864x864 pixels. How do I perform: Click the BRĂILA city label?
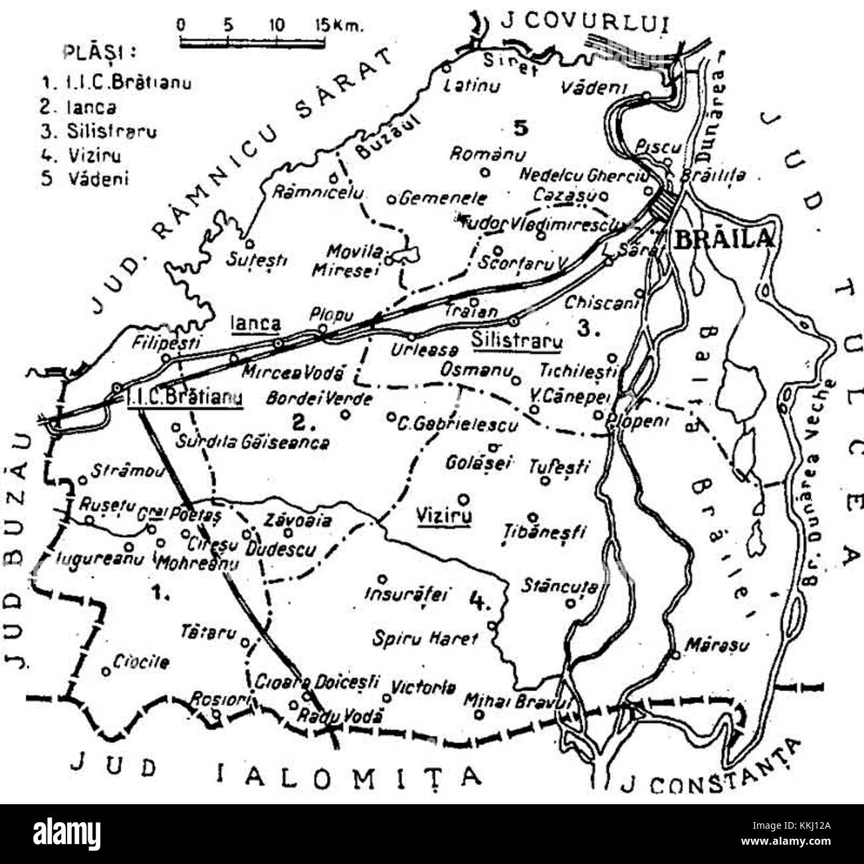(x=724, y=239)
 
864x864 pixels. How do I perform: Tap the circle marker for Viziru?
(x=464, y=499)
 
